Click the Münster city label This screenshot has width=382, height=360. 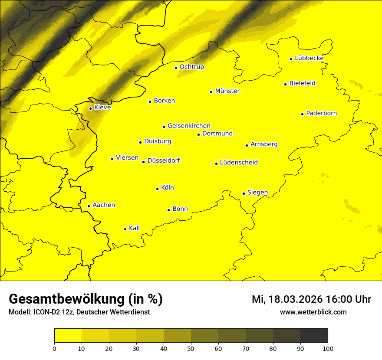click(x=227, y=91)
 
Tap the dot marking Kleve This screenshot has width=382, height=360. click(x=90, y=108)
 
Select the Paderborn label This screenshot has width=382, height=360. click(x=321, y=113)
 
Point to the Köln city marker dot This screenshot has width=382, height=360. click(x=157, y=189)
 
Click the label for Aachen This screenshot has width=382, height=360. click(x=103, y=205)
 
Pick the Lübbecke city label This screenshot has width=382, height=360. click(x=309, y=58)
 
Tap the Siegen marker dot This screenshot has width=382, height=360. click(x=244, y=193)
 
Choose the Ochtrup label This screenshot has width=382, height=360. click(x=191, y=67)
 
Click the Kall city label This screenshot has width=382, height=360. click(x=134, y=228)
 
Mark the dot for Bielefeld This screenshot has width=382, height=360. click(x=285, y=84)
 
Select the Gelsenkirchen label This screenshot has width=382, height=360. click(x=189, y=126)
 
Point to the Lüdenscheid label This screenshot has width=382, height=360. click(x=239, y=163)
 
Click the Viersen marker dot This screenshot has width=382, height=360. click(x=112, y=159)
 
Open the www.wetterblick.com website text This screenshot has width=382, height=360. click(x=313, y=312)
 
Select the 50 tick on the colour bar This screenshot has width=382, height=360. click(x=191, y=348)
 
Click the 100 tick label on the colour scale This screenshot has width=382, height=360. click(x=328, y=348)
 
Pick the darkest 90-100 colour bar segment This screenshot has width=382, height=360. click(x=314, y=335)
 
